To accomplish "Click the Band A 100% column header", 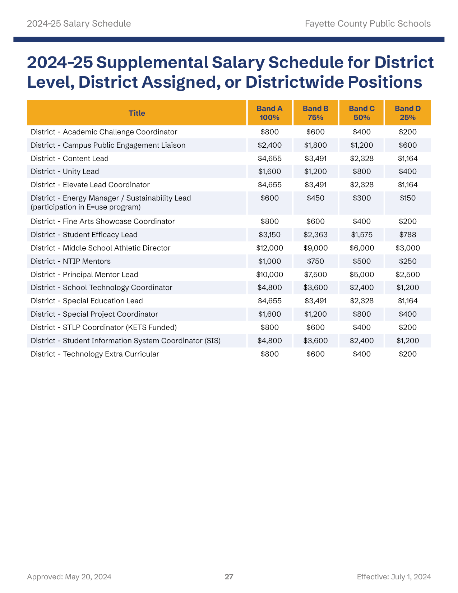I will (x=269, y=113).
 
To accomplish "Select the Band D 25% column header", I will (x=408, y=113).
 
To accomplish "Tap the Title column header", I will (x=137, y=113).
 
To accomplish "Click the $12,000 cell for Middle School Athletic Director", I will (x=269, y=248).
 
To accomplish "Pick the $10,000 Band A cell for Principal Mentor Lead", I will (x=269, y=275).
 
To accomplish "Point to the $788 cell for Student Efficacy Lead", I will (x=408, y=235).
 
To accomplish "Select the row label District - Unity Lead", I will (x=65, y=171).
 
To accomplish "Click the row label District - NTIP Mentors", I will (x=71, y=261).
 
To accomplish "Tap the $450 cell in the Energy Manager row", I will (x=315, y=198).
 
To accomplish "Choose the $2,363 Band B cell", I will (x=315, y=235).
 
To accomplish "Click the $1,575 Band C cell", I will (x=362, y=235).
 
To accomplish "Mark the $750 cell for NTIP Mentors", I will (x=315, y=261).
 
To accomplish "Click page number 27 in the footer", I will (x=229, y=577).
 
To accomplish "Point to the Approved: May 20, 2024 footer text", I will (x=69, y=577).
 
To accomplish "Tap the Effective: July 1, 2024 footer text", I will (x=394, y=577).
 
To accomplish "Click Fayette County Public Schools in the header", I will (x=368, y=24).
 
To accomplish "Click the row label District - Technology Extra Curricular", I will (x=95, y=354).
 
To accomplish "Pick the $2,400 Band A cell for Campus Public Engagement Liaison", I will (x=269, y=145).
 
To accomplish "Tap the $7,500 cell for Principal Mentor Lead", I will (x=315, y=275).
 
